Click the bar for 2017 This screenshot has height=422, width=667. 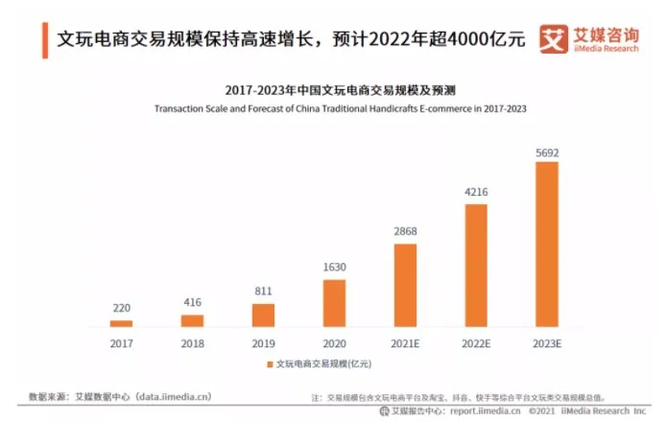(121, 323)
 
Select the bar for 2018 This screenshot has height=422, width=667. (192, 320)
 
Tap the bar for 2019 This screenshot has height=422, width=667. (263, 315)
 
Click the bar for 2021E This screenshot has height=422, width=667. (405, 285)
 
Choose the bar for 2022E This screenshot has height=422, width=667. (476, 265)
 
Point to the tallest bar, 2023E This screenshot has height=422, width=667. (546, 244)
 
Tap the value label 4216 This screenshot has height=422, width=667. (476, 193)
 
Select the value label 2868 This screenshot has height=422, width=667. (405, 233)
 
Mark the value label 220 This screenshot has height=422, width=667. (121, 309)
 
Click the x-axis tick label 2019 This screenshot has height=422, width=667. (263, 341)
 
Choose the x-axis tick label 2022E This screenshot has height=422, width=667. (476, 341)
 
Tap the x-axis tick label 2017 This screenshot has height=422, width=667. (121, 341)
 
